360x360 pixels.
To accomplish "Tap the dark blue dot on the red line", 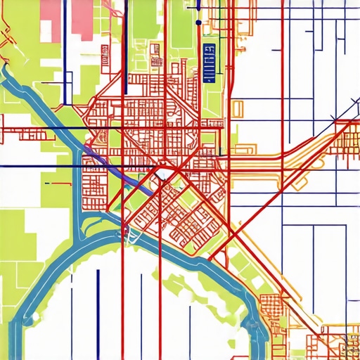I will pos(198,22).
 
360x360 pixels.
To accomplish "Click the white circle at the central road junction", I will pos(161,174).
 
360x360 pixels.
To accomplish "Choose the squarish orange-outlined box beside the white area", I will pos(238,109).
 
